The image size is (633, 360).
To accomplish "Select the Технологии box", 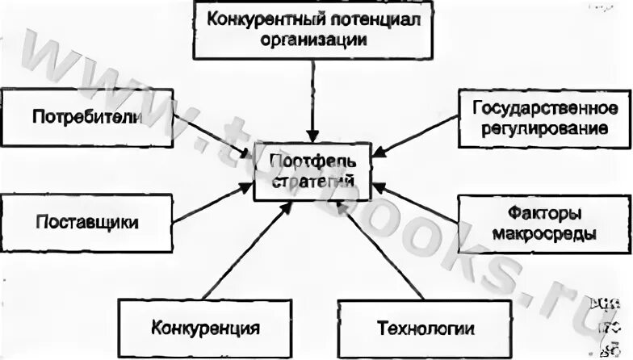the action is (425, 329).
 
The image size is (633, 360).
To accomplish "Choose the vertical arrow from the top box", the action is (312, 97).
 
